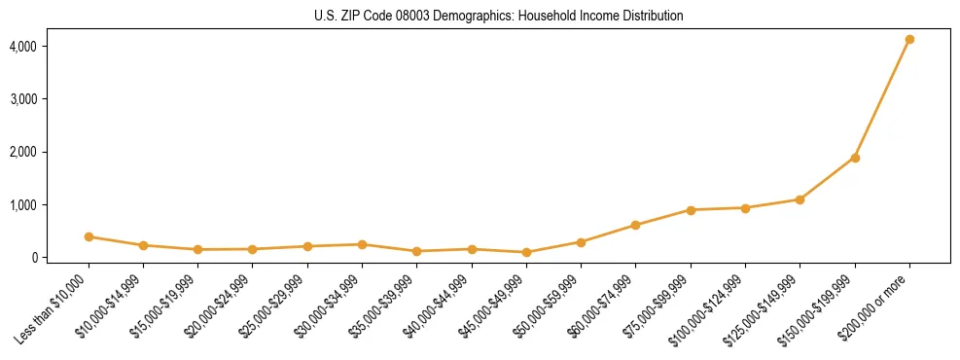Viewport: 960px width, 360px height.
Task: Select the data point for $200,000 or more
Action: (909, 40)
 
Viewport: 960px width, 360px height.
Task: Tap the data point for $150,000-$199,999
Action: (855, 158)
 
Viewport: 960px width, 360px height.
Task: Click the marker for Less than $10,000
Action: (89, 236)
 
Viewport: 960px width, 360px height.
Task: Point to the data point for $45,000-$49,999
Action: (526, 253)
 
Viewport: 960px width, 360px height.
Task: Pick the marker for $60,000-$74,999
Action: (635, 226)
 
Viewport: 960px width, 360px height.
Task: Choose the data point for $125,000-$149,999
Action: (800, 199)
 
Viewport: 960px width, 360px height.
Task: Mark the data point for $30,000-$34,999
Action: (362, 245)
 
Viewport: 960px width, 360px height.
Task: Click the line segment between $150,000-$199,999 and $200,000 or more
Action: (882, 99)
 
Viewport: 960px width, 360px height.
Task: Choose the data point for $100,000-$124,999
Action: (745, 208)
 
